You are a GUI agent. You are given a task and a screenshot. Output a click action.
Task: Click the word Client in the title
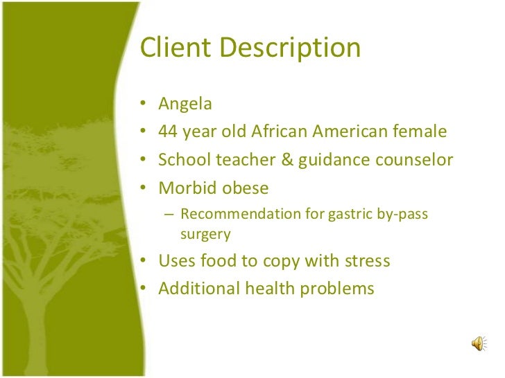pos(177,48)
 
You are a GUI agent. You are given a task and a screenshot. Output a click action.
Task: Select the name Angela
pos(185,104)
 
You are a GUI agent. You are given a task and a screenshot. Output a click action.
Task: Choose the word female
pos(418,132)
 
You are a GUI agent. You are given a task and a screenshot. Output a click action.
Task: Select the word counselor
pos(413,160)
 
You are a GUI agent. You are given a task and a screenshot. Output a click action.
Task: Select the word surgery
pos(205,234)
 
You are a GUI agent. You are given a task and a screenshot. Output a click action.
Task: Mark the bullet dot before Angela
pos(143,105)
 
